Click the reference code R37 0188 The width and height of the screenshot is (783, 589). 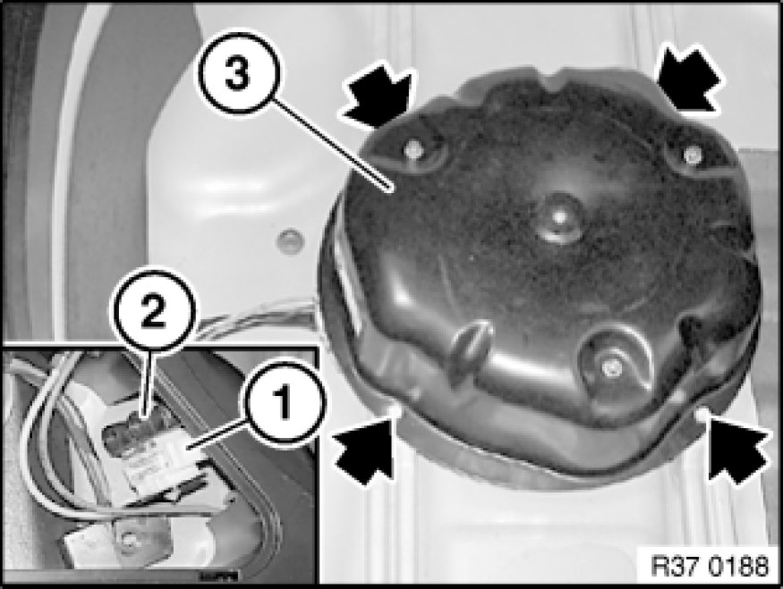tap(710, 567)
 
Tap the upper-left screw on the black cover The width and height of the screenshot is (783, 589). tap(413, 148)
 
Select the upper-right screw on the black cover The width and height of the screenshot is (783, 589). tap(691, 154)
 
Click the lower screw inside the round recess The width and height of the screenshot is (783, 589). tap(609, 367)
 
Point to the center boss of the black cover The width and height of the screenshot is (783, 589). tap(559, 218)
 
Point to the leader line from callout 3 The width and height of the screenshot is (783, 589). tap(331, 146)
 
